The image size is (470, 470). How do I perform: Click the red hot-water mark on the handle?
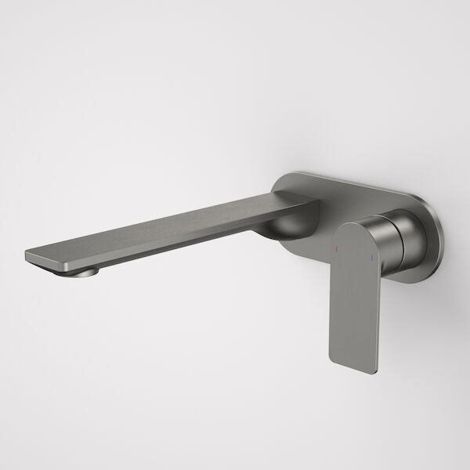click(x=338, y=250)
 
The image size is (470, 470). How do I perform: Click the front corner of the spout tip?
click(x=28, y=254)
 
